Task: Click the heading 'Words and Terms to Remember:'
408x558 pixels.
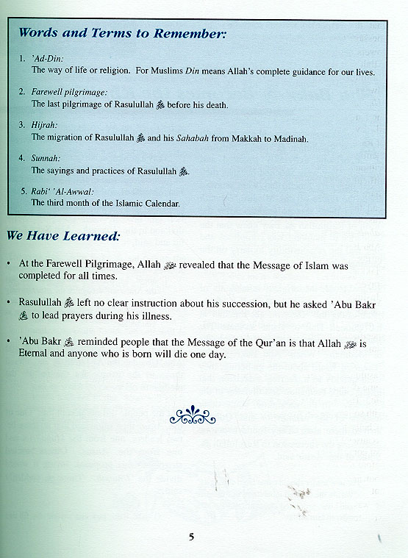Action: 122,33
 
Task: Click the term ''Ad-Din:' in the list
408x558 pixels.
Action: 47,57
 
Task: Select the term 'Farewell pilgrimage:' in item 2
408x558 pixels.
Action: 69,92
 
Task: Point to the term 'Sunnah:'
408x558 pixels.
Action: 46,158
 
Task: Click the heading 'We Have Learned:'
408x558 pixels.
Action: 63,237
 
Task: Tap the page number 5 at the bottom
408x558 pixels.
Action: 191,537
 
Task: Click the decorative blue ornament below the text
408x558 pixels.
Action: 193,415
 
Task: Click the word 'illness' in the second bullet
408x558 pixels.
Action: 151,317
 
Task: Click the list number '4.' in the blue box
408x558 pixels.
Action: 23,158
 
